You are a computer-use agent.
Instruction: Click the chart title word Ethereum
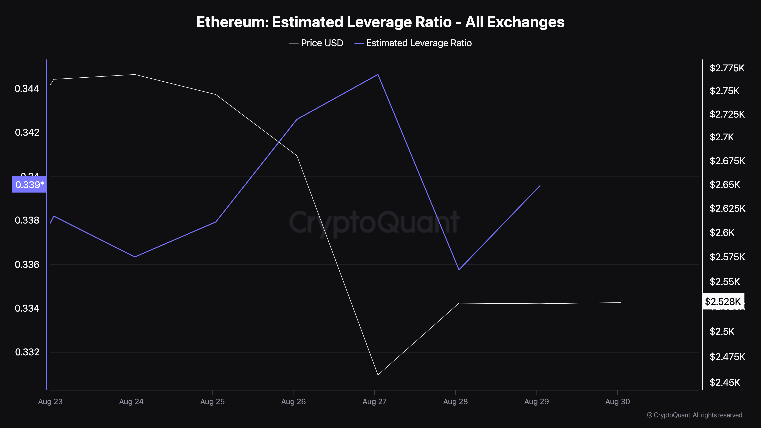(232, 22)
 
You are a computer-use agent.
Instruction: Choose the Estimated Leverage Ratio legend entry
(419, 43)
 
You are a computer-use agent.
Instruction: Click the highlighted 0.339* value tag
(29, 185)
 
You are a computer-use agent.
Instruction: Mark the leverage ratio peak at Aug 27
(378, 74)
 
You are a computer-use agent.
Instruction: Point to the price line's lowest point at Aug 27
(378, 375)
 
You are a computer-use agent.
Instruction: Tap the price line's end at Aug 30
(621, 302)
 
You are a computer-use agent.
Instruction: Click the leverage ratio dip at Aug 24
(135, 257)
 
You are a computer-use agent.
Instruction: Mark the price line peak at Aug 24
(135, 74)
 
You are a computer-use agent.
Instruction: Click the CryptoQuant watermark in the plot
(374, 222)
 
